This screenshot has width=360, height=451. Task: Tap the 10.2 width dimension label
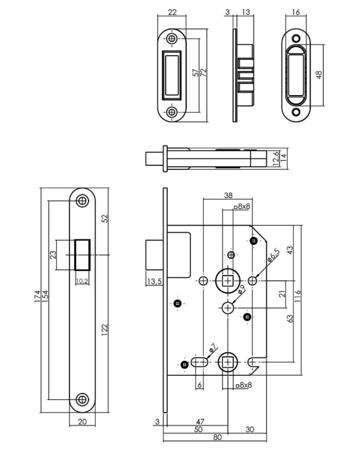(82, 281)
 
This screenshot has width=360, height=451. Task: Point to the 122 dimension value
(105, 329)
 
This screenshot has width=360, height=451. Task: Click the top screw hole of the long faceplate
(82, 201)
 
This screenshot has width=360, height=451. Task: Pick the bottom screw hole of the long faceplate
(82, 399)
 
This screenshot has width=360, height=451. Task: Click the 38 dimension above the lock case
(228, 195)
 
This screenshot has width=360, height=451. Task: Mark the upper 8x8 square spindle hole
(228, 281)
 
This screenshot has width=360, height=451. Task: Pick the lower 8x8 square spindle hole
(228, 362)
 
